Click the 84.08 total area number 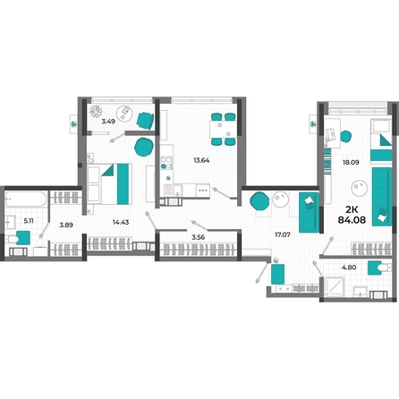[x=352, y=220]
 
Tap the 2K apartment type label [x=352, y=209]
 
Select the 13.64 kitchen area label [x=201, y=160]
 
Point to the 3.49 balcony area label [x=108, y=122]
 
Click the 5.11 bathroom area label [x=29, y=221]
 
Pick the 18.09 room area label [x=351, y=163]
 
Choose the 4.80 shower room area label [x=349, y=267]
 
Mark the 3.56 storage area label [x=199, y=237]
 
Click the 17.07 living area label [x=283, y=235]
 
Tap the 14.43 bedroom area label [x=121, y=222]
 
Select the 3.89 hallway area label [x=66, y=225]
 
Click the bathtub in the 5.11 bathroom [x=26, y=199]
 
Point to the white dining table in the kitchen [x=223, y=129]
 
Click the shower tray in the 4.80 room [x=334, y=287]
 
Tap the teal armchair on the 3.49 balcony [x=145, y=121]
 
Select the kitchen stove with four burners [x=166, y=163]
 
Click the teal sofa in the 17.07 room [x=309, y=212]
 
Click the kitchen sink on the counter [x=174, y=190]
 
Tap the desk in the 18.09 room [x=332, y=133]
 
